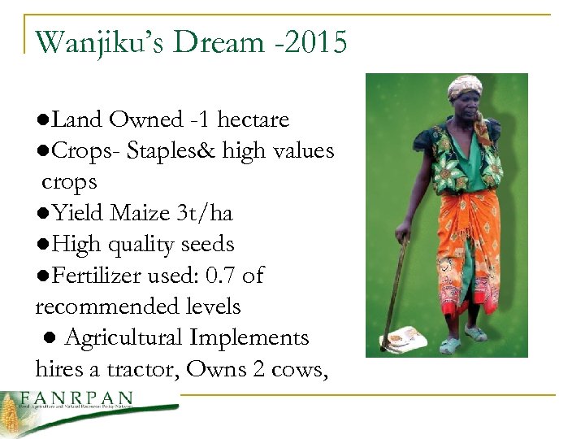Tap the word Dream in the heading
click(222, 42)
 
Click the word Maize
click(141, 214)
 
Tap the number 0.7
click(220, 276)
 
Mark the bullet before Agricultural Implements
click(50, 338)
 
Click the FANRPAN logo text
click(77, 399)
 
